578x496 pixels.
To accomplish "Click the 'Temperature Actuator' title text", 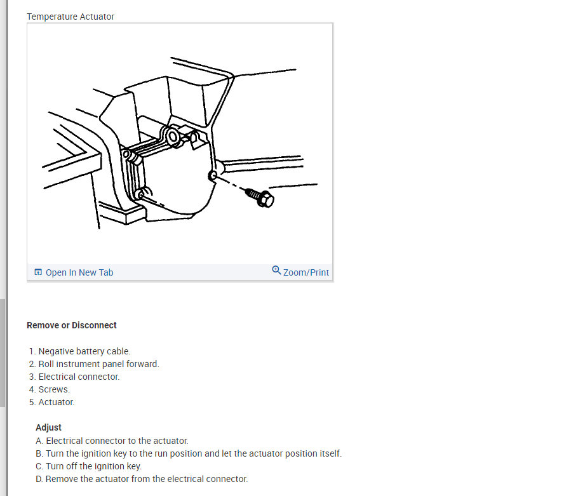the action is (71, 17).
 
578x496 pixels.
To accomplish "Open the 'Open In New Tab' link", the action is (79, 272).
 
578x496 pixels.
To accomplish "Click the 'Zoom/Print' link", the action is (306, 272).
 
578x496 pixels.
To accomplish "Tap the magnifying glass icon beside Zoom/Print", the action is (276, 271).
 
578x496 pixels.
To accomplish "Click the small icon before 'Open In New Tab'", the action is (38, 272).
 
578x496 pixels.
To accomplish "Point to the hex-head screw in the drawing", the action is (260, 197).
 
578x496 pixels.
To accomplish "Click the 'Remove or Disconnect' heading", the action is (72, 325).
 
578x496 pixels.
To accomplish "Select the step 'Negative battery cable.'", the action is (84, 351).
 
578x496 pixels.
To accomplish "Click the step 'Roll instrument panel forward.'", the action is (99, 364).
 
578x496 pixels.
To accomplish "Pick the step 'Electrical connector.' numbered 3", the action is (79, 377).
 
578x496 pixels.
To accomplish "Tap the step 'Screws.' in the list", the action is (54, 389).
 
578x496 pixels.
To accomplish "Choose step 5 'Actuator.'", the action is (57, 402).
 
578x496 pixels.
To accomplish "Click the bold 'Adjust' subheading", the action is (48, 427).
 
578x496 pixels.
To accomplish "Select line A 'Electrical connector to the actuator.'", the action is (112, 441).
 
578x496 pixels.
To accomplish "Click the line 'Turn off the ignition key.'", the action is (88, 466).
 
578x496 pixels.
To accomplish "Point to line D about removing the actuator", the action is (142, 479).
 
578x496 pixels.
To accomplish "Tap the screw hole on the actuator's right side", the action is (212, 175).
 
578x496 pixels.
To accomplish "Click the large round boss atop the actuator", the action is (173, 137).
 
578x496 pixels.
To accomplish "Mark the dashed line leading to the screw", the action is (231, 184).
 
